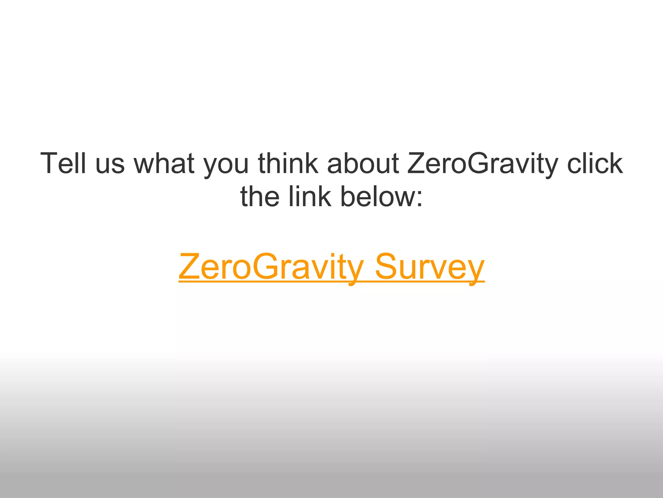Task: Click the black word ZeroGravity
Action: click(482, 164)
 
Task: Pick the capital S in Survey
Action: click(387, 266)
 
